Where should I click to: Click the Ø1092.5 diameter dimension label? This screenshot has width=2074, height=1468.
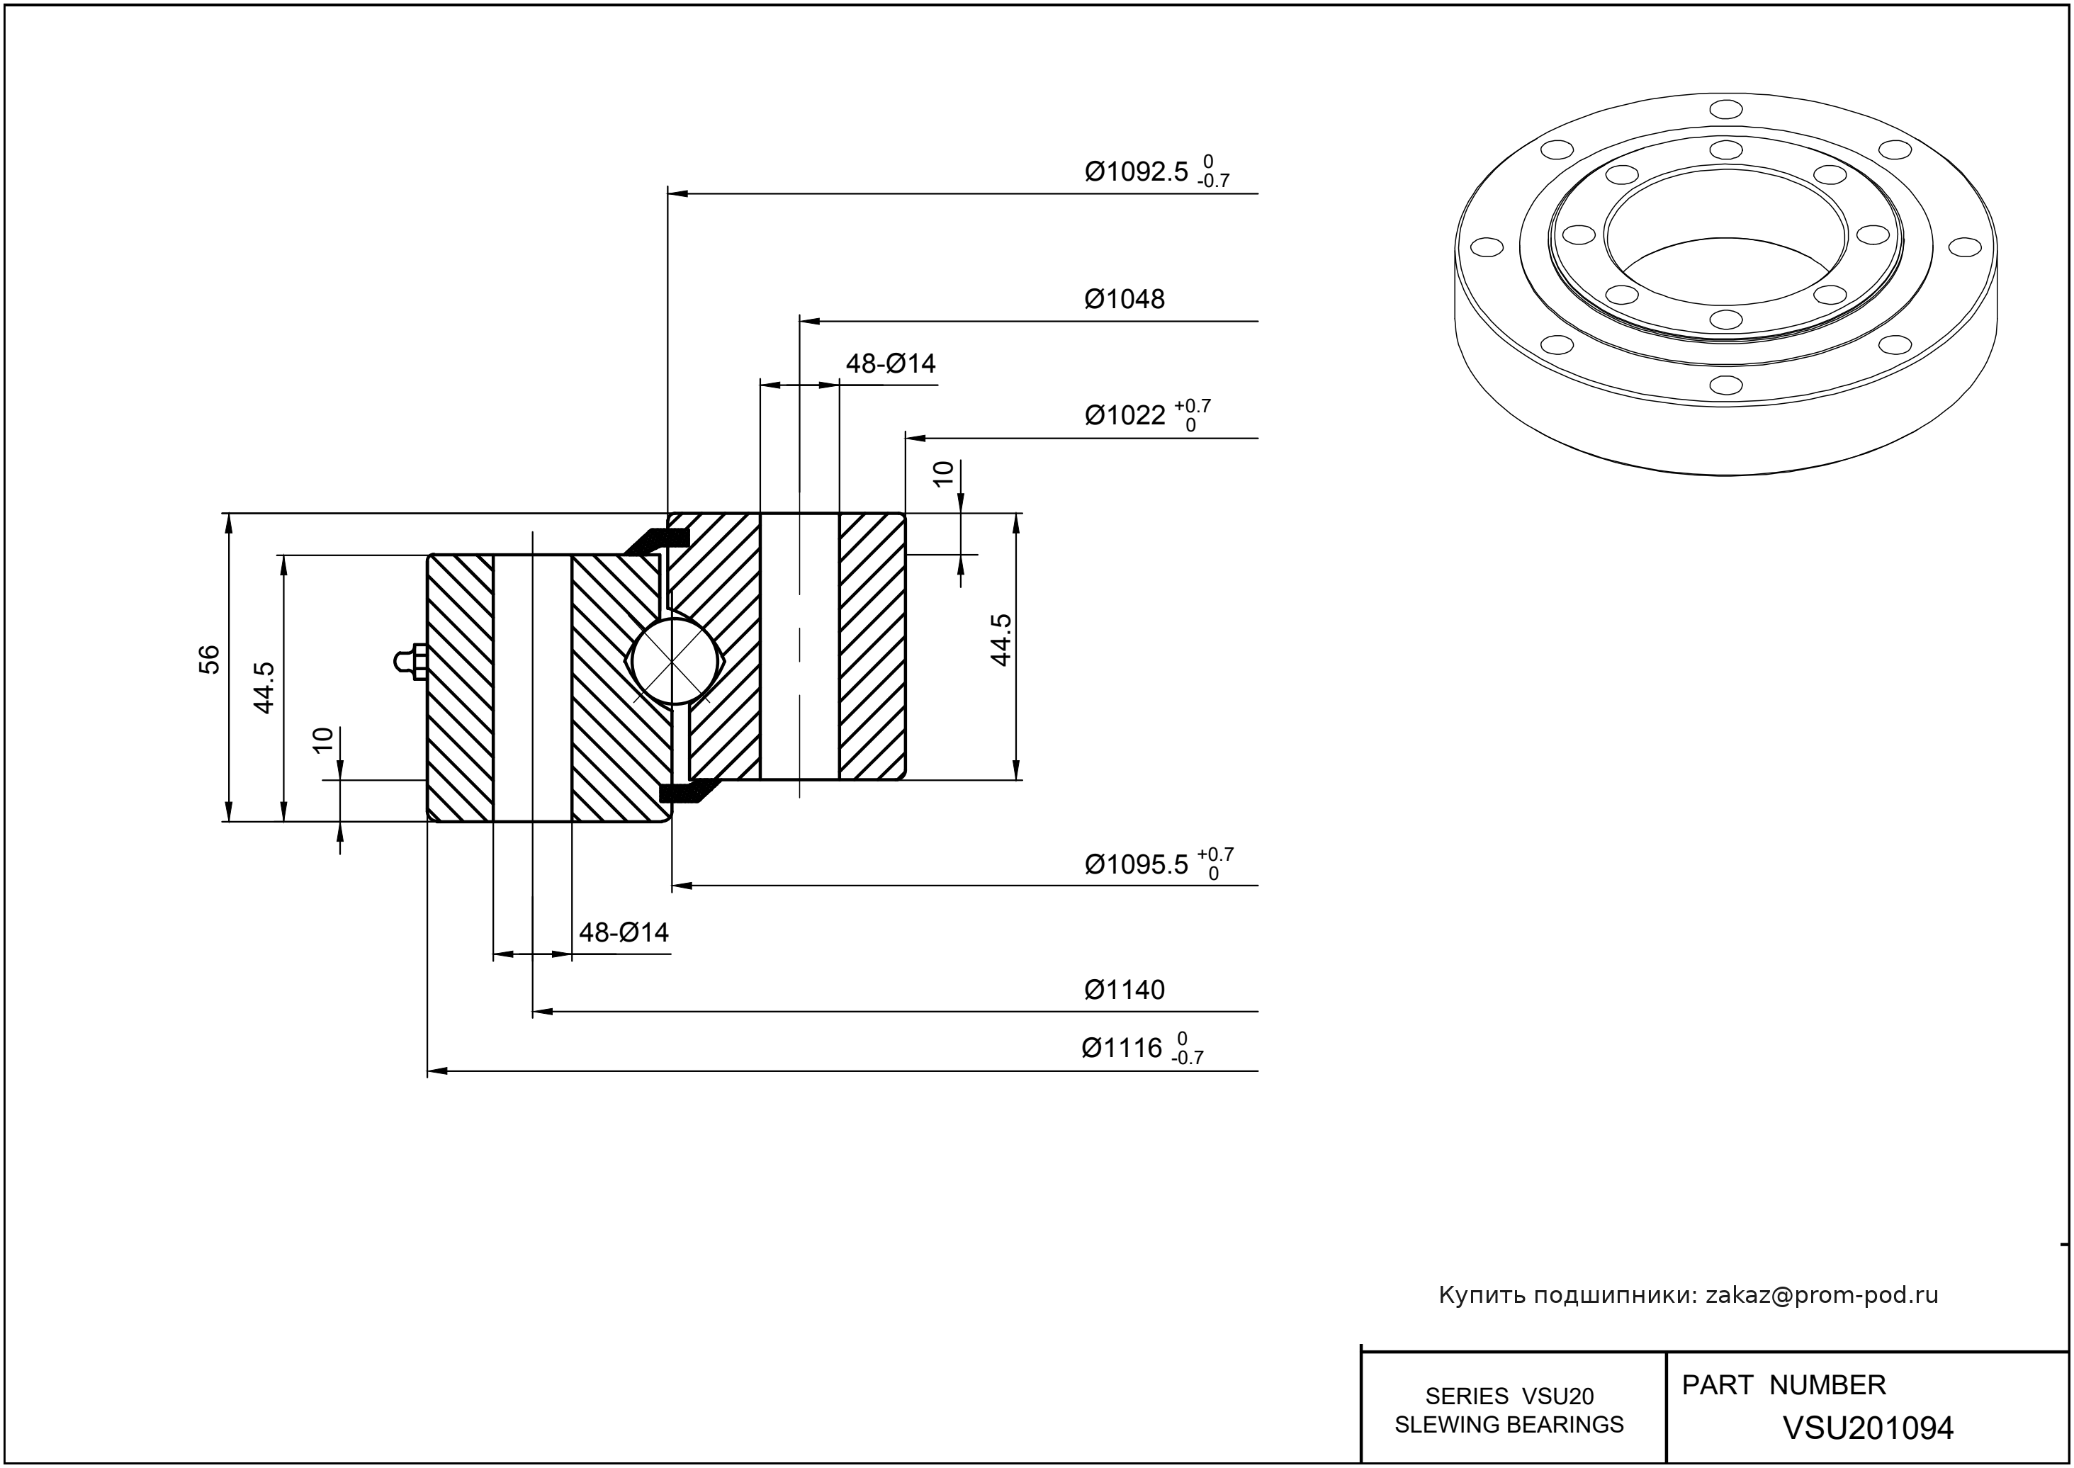[1136, 171]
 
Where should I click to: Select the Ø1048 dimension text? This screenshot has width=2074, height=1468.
[1124, 299]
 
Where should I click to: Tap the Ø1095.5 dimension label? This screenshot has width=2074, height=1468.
[1136, 865]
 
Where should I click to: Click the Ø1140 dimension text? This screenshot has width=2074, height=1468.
[1124, 990]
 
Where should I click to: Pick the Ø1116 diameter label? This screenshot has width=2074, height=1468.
[1121, 1049]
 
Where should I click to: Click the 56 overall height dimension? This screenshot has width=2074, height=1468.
[210, 659]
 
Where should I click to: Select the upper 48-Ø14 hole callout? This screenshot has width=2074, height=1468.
[891, 364]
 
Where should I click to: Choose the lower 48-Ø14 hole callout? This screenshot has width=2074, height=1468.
[624, 932]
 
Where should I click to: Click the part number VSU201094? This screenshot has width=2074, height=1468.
[1868, 1428]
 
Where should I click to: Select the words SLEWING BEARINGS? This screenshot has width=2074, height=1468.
[1509, 1425]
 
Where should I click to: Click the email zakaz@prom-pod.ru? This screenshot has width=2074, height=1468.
[1822, 1295]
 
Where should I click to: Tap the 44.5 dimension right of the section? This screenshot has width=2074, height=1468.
[1000, 640]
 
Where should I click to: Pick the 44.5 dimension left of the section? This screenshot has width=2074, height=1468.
[264, 687]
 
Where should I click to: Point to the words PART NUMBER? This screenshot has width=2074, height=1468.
[1783, 1385]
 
